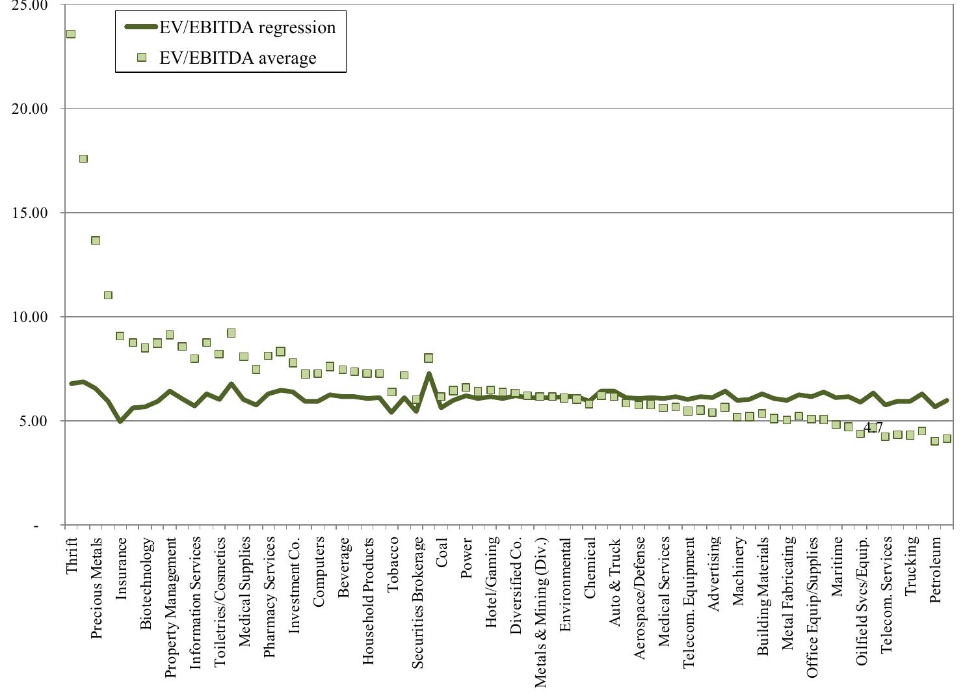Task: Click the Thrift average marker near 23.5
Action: [x=70, y=34]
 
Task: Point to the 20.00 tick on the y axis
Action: [x=31, y=109]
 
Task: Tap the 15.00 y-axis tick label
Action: [x=31, y=213]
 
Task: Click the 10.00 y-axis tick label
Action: [x=31, y=317]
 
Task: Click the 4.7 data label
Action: [x=873, y=427]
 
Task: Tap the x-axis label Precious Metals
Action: [x=96, y=588]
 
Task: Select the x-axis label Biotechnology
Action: [x=146, y=583]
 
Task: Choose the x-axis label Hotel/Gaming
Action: [x=492, y=582]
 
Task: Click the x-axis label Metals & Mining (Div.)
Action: [x=541, y=611]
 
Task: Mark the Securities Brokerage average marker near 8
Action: [x=429, y=358]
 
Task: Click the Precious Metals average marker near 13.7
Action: [x=96, y=240]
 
